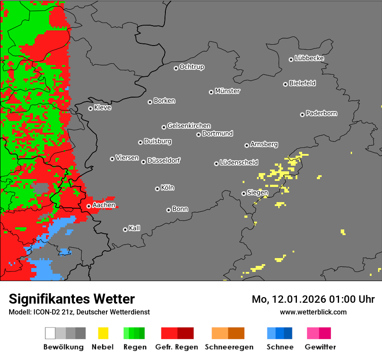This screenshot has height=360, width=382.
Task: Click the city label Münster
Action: point(227,91)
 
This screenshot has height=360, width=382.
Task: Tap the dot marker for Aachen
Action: point(89,206)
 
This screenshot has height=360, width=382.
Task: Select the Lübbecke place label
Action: point(309,58)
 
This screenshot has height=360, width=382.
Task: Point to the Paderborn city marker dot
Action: point(302,115)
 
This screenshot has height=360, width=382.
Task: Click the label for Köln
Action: point(168,188)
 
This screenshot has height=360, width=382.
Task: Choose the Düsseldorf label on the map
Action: point(164,160)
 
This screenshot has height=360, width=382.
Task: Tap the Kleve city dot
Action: point(90,108)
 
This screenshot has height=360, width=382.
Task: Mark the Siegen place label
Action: point(257,193)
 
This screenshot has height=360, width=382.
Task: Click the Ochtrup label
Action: point(192,67)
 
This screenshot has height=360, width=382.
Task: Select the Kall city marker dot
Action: point(125,229)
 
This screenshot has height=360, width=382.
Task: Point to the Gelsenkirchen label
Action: point(189,126)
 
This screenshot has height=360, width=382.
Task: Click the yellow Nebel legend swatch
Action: point(103,333)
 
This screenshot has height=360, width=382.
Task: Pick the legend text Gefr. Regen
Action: point(177,347)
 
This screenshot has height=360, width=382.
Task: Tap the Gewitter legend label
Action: point(320,347)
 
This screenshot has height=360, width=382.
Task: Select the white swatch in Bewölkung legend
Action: point(50,333)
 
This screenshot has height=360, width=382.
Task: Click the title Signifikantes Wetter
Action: point(72,299)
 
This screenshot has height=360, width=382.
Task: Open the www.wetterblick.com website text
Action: point(313,312)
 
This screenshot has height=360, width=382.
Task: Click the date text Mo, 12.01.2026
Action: point(286,299)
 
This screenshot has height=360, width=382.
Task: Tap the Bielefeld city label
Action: point(302,83)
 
